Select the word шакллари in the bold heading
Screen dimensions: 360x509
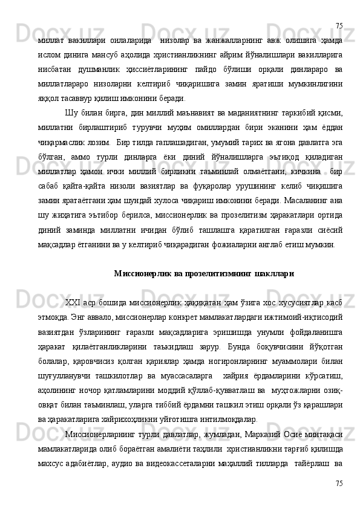275,273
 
